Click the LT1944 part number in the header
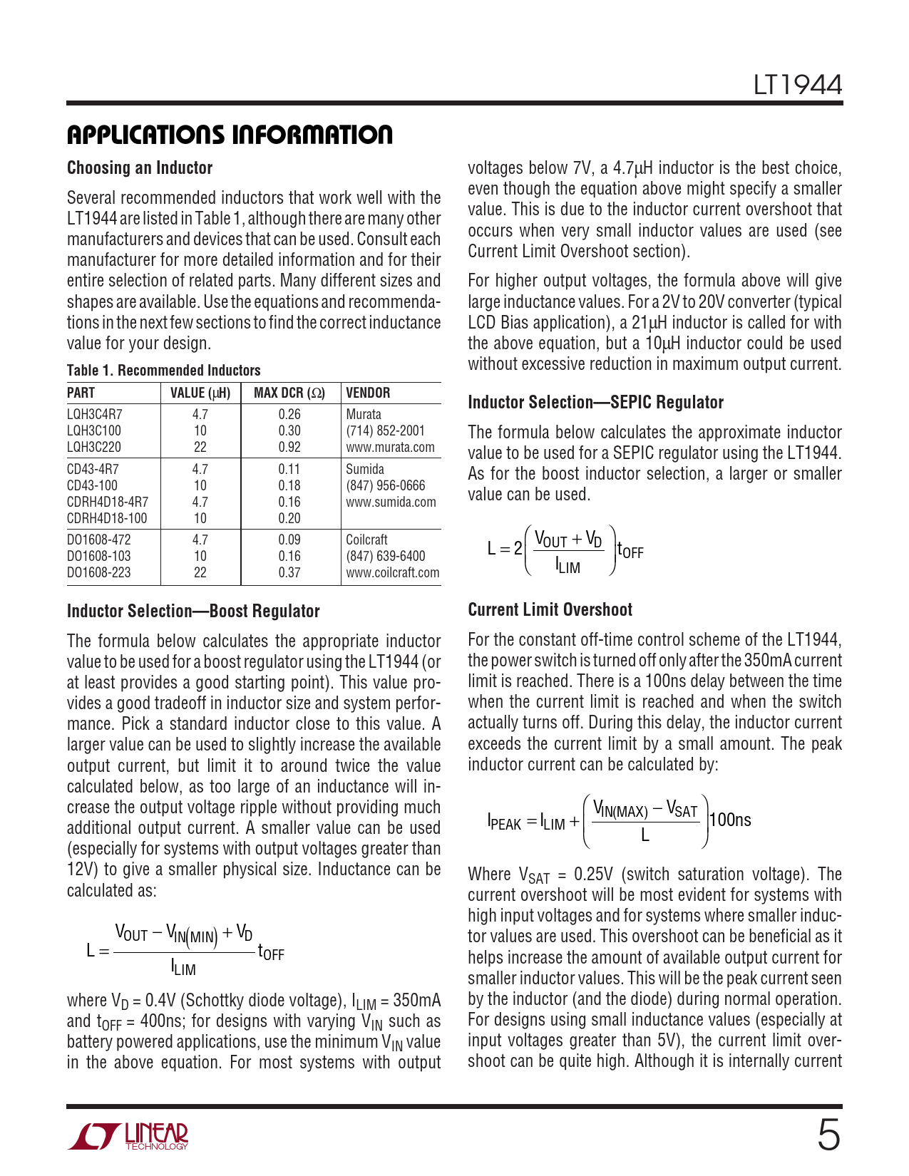pos(798,86)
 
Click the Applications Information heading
pos(230,135)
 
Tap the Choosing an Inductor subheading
pos(140,168)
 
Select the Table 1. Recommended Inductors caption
pos(163,371)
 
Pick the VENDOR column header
pos(368,393)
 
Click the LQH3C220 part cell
pos(94,447)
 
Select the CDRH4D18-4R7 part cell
pos(108,502)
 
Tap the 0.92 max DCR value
pos(289,447)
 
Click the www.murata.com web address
pos(390,447)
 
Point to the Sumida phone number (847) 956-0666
pos(385,485)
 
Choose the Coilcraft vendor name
pos(366,540)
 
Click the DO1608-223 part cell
pos(99,572)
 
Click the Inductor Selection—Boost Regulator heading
pos(193,612)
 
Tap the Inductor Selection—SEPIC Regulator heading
pos(595,403)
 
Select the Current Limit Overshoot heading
pos(550,610)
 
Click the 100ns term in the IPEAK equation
pos(730,820)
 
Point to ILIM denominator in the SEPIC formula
pos(568,567)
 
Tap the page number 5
pos(828,1135)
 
